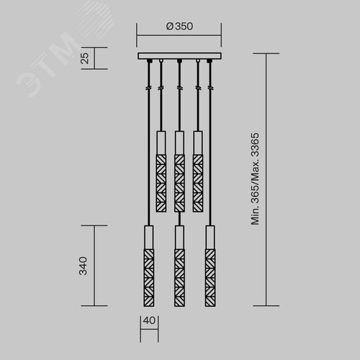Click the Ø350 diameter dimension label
click(x=179, y=27)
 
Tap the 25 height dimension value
click(x=85, y=58)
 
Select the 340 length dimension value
click(x=83, y=266)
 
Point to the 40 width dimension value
click(x=149, y=320)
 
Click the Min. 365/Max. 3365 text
click(x=255, y=179)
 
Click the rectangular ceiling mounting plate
click(x=179, y=56)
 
